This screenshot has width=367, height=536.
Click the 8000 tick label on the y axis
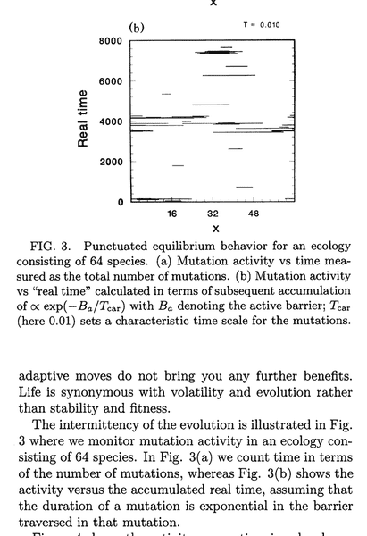click(x=111, y=41)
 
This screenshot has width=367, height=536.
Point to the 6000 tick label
click(x=111, y=81)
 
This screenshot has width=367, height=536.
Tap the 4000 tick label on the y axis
click(x=111, y=121)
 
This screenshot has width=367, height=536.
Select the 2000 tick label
click(x=111, y=162)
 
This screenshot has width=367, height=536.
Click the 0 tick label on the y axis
click(x=120, y=202)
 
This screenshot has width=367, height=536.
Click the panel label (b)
click(x=137, y=27)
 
